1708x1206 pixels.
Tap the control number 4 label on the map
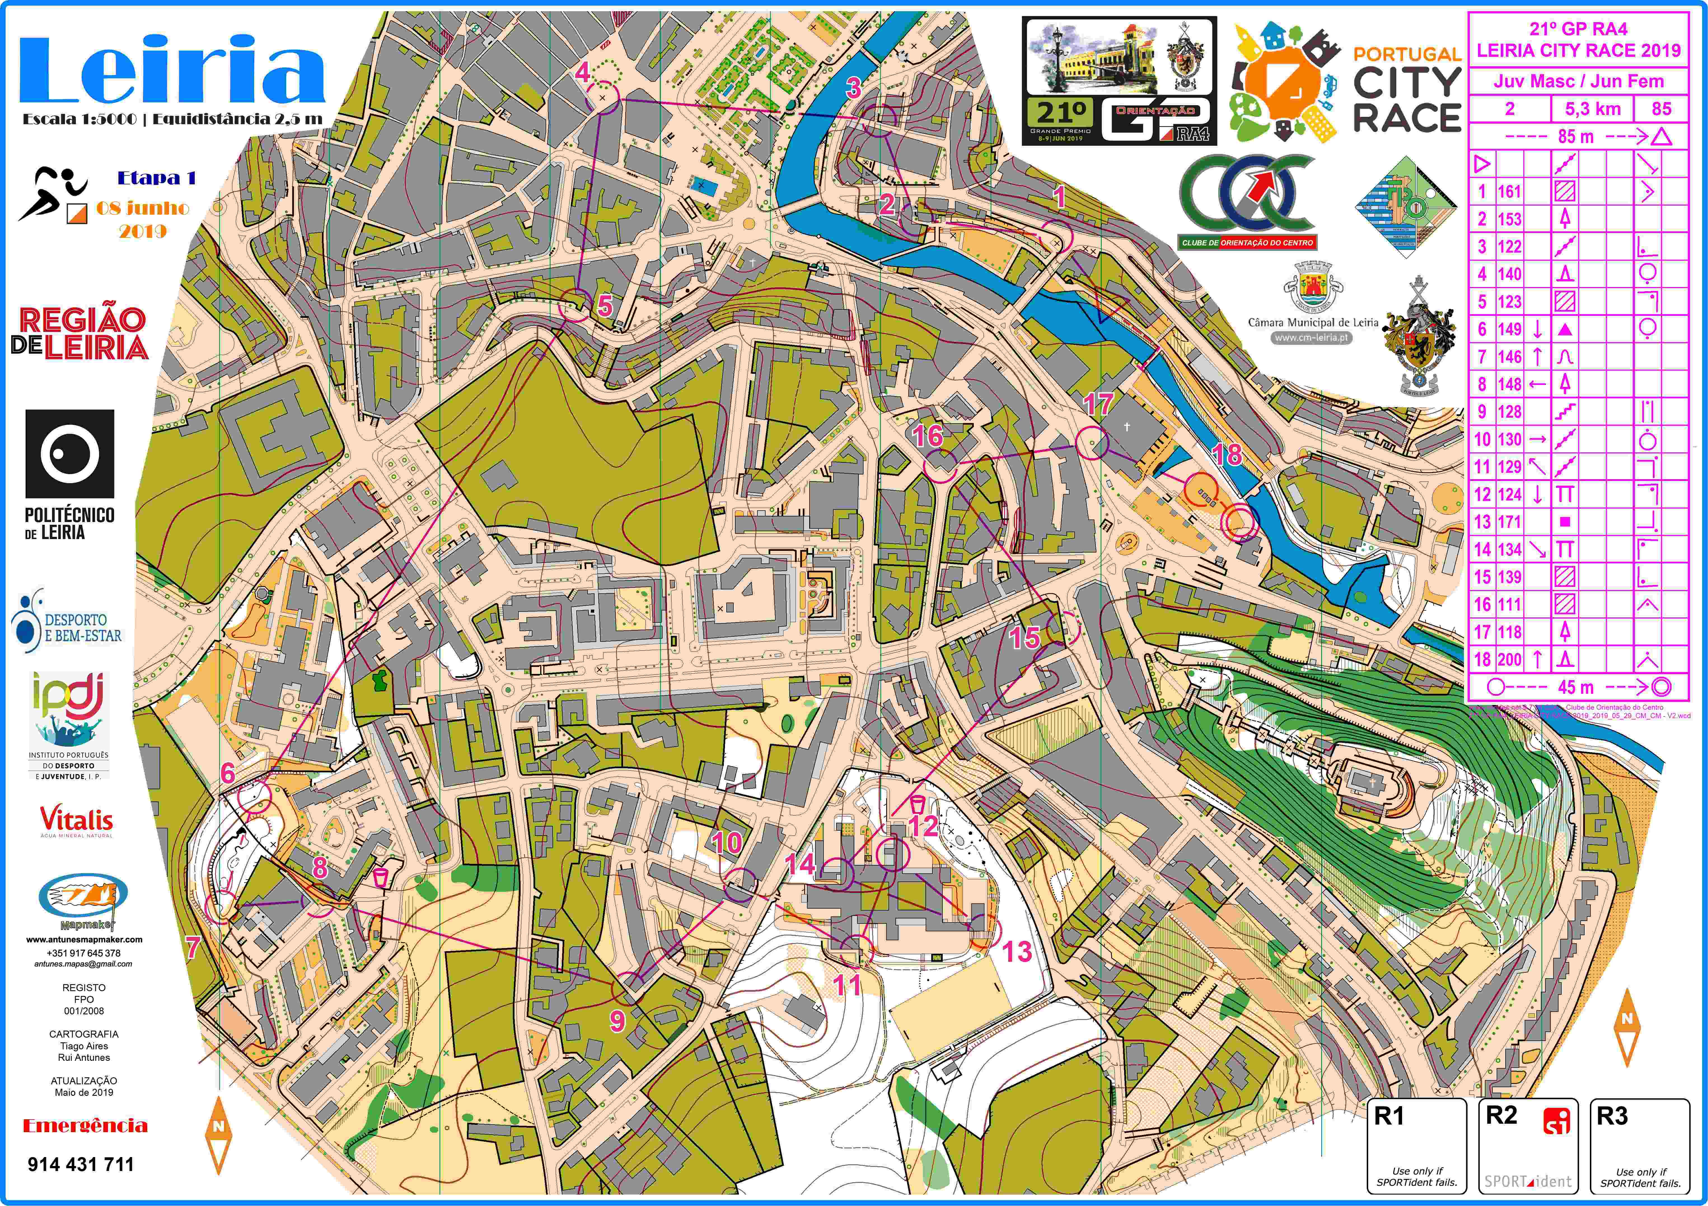582,72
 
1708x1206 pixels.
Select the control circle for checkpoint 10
741,885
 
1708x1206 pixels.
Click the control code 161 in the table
1509,192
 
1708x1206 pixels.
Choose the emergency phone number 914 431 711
80,1164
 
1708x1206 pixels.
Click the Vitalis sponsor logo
77,822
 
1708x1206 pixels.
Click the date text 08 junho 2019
143,219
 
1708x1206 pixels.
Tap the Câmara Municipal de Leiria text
1312,323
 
